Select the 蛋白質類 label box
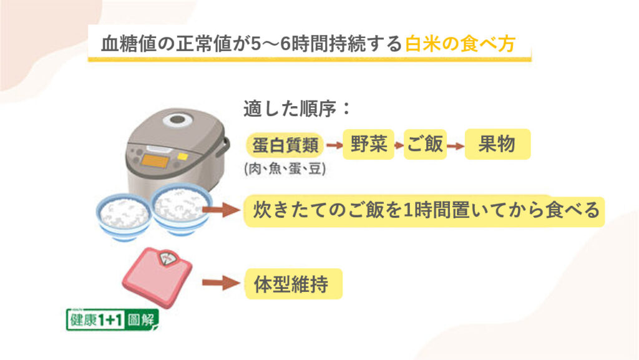point(285,145)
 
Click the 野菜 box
point(368,144)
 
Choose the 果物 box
point(497,144)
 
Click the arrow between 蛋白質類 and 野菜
point(334,145)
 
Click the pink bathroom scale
point(157,277)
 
